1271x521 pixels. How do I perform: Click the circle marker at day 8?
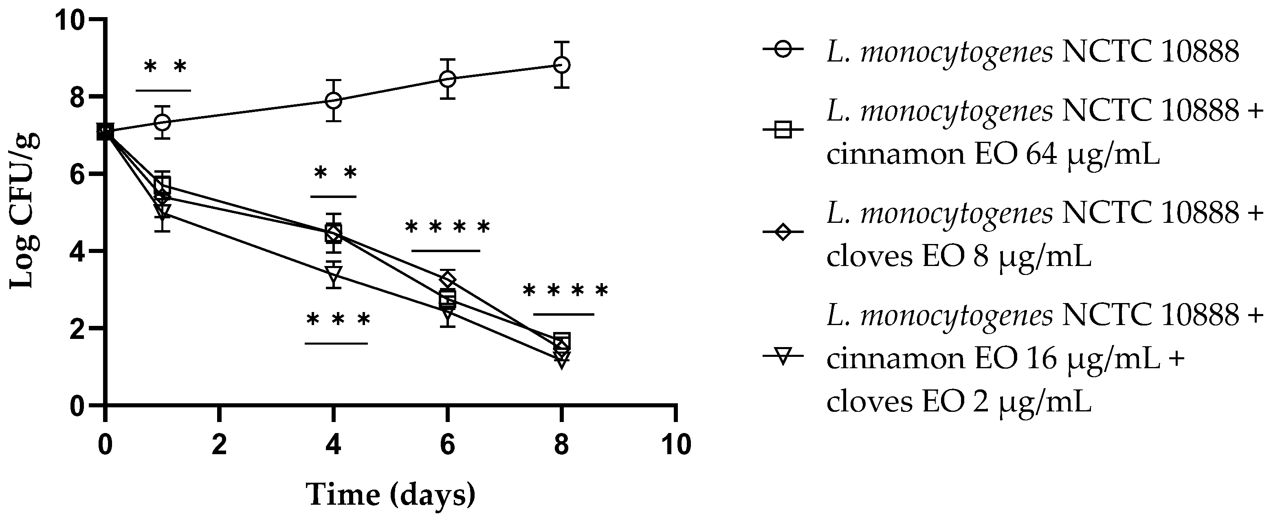[561, 65]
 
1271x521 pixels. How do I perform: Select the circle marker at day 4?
[334, 100]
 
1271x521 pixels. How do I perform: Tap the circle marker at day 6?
[448, 79]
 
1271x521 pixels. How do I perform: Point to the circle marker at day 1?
[162, 122]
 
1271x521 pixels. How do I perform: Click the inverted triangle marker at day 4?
[334, 273]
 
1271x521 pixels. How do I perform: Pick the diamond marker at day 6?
[448, 280]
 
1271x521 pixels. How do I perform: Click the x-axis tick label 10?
[675, 445]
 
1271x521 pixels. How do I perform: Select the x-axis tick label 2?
[219, 445]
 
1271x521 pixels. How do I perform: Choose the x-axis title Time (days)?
[391, 495]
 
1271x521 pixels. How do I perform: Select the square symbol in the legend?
[783, 130]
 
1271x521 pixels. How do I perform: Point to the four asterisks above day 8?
[565, 290]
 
